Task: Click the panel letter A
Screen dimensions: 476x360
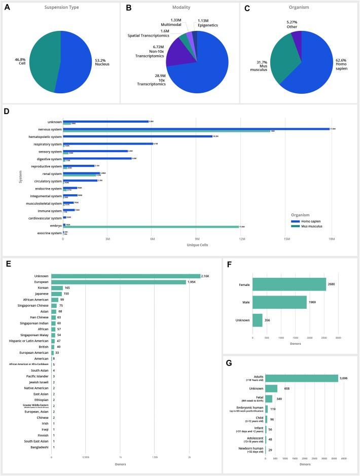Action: [7, 8]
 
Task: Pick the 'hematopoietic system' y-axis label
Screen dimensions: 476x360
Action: [42, 136]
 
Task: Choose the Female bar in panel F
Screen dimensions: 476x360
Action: [289, 284]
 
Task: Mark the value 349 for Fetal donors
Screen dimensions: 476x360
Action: [278, 399]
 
